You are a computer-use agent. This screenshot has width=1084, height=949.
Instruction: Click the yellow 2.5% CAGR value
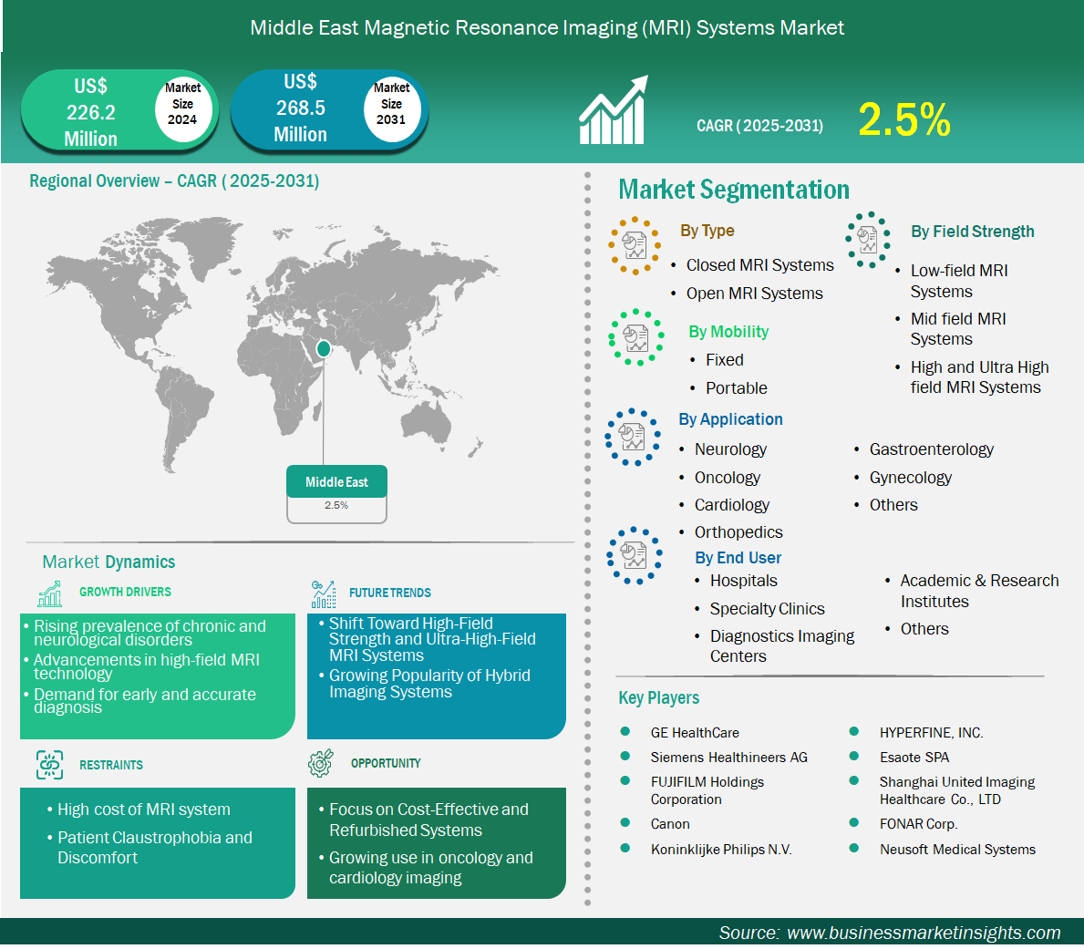click(x=904, y=119)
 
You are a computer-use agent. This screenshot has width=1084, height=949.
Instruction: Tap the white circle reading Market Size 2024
click(x=182, y=104)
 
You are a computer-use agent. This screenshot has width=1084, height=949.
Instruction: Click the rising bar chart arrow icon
click(x=614, y=110)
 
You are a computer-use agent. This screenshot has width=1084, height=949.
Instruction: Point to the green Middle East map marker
click(x=323, y=349)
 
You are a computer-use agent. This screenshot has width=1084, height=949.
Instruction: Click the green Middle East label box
click(x=336, y=481)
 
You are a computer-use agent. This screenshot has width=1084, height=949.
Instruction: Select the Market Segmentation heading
click(x=734, y=190)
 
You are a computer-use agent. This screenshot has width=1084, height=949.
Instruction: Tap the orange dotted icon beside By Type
click(x=635, y=246)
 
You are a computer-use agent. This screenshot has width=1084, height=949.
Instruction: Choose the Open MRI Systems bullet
click(x=754, y=294)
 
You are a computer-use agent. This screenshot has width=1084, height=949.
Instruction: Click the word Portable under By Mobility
click(x=737, y=388)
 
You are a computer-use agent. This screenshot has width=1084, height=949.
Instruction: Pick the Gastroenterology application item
click(x=931, y=449)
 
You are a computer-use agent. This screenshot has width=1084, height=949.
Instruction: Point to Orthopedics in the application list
click(x=738, y=532)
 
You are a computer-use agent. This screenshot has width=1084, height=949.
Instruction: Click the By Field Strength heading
click(x=972, y=232)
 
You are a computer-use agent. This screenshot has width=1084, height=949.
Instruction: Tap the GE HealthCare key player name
click(x=695, y=733)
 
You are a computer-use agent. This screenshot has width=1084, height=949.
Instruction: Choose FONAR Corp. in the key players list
click(x=918, y=824)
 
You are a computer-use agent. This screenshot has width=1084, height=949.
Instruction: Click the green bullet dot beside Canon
click(x=625, y=822)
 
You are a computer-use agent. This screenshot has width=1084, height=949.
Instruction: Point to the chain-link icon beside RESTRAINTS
click(x=50, y=765)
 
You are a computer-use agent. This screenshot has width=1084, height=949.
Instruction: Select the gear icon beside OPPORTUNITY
click(x=321, y=762)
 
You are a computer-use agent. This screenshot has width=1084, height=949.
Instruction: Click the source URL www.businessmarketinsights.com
click(x=924, y=934)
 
